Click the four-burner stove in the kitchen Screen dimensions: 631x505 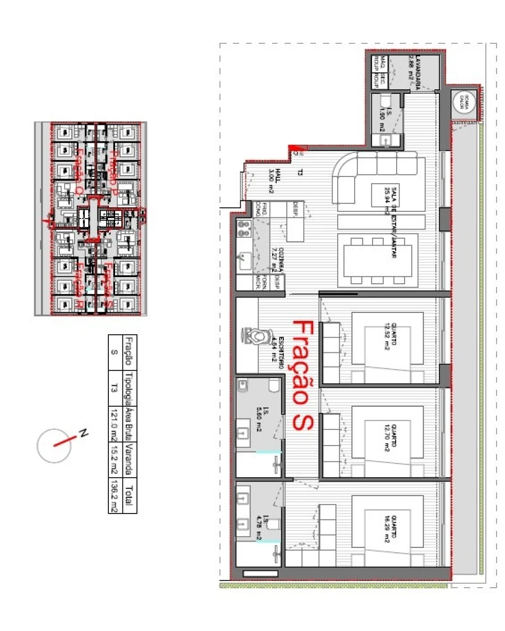tap(245, 227)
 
